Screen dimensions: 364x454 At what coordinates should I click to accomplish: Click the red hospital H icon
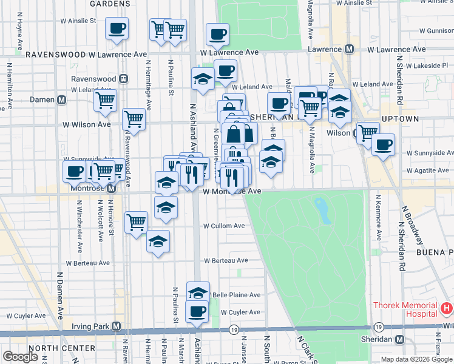(447, 309)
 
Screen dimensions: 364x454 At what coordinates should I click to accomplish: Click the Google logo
(21, 357)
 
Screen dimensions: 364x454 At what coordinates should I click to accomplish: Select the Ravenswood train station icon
(124, 79)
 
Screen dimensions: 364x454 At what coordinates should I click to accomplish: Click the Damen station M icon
(61, 100)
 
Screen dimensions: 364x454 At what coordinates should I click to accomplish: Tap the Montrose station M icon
(111, 190)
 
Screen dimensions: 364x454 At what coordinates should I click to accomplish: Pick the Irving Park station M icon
(117, 326)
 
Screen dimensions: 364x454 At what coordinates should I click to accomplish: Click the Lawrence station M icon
(350, 49)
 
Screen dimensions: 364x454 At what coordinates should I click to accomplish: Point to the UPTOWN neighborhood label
(400, 119)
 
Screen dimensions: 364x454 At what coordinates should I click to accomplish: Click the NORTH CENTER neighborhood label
(61, 348)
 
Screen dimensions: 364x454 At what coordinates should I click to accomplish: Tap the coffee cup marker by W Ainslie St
(117, 28)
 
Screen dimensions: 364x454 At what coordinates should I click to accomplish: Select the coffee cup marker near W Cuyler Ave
(197, 312)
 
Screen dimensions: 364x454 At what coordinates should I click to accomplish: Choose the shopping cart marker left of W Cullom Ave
(137, 222)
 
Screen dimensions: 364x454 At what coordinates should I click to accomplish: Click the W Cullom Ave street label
(224, 226)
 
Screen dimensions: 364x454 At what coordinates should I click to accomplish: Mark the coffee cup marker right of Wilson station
(384, 145)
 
